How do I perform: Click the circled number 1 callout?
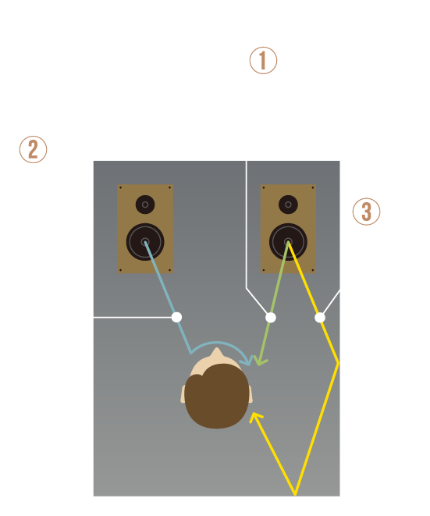coord(263,61)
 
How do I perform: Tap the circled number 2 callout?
coord(33,149)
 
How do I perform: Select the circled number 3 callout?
coord(366,212)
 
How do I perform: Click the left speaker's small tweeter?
coord(145,205)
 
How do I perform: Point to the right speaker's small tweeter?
coord(288,205)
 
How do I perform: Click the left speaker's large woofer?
coord(145,242)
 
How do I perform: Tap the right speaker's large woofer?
coord(288,242)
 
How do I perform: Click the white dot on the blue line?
coord(176,317)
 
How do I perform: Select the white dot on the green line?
coord(271,318)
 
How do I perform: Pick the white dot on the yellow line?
coord(320,318)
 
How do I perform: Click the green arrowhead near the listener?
coord(260,361)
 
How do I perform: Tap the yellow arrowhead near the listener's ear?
coord(254,417)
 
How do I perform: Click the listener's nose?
coord(216,353)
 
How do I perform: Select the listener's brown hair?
coord(216,396)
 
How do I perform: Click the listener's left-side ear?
coord(183,394)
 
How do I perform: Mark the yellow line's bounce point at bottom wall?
coord(295,494)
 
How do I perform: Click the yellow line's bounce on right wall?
coord(338,363)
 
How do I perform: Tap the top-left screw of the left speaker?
coord(120,187)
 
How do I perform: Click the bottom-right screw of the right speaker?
coord(312,270)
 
